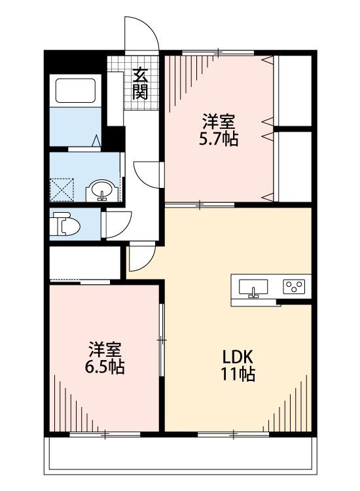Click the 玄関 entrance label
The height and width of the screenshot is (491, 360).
[140, 83]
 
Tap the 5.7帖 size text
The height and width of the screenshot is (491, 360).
[219, 139]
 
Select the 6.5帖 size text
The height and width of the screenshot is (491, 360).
[105, 367]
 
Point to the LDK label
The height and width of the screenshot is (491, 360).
[238, 357]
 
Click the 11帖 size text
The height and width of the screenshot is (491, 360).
[238, 374]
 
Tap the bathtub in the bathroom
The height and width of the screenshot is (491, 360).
[75, 90]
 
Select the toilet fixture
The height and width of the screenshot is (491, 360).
[65, 224]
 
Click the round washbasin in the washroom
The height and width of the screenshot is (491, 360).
[101, 190]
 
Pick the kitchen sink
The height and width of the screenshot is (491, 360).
[253, 287]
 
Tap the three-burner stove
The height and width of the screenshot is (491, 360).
[294, 287]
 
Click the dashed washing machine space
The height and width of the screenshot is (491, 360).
[62, 189]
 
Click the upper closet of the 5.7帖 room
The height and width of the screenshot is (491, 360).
[295, 91]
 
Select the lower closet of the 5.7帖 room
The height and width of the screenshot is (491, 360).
[295, 167]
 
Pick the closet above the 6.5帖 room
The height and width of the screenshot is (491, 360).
[85, 263]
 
